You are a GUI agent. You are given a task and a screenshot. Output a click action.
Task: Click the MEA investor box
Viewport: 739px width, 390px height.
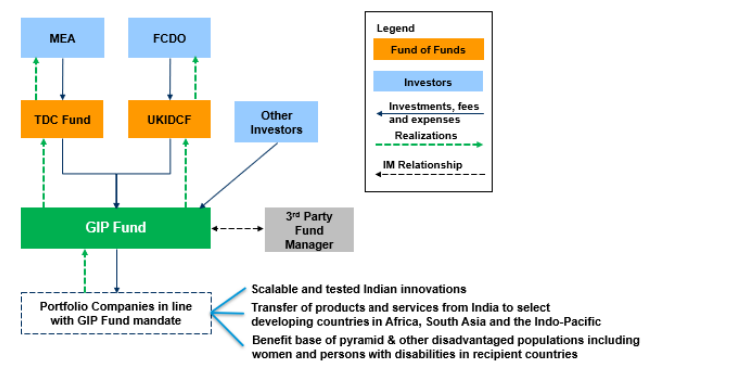[62, 39]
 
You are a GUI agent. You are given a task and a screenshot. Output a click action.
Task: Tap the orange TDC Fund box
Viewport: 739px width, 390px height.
[62, 120]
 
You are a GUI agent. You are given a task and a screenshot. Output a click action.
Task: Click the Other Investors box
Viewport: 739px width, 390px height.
[276, 123]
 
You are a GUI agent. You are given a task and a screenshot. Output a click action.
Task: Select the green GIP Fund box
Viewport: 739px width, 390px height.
[116, 228]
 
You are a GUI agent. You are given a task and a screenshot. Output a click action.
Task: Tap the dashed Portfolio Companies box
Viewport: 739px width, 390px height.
[116, 313]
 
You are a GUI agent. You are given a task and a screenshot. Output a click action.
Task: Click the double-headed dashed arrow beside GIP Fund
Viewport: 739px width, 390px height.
[237, 229]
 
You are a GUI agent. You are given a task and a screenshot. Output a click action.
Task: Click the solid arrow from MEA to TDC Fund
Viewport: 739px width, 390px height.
[62, 78]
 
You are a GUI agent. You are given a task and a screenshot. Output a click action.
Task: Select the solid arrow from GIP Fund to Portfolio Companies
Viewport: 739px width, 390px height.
[117, 270]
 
